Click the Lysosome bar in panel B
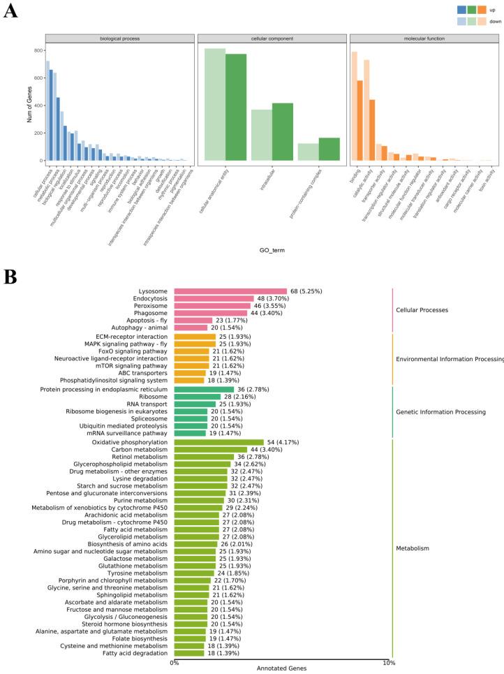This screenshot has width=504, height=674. pos(230,291)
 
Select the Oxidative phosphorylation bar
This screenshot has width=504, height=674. pos(218,442)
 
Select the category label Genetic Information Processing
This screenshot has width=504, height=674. pos(440,412)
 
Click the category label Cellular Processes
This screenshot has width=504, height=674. pos(422,309)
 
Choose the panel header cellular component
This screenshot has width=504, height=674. pos(271,38)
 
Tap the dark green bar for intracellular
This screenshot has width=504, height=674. pos(283,133)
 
